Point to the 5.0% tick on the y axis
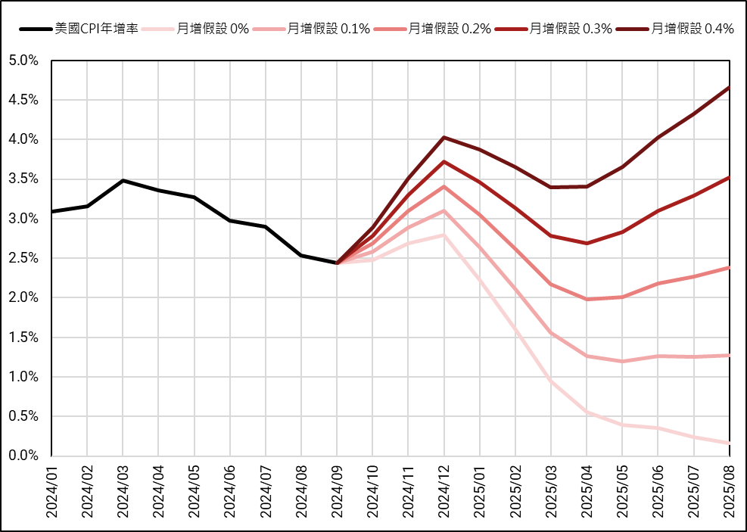point(23,61)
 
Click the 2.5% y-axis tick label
point(23,258)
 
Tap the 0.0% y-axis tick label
point(23,456)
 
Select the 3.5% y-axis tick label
point(23,179)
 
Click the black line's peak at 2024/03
point(123,181)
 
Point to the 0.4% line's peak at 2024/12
point(444,137)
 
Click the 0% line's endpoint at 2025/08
point(729,443)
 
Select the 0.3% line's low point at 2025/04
point(587,243)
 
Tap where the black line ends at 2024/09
point(337,263)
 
